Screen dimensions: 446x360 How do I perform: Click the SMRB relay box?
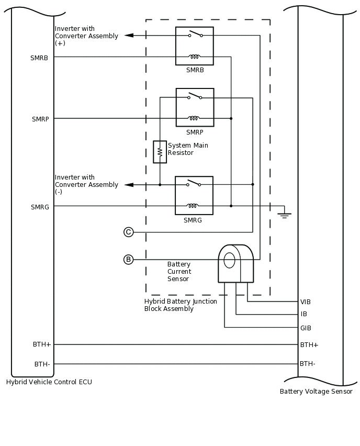click(x=194, y=46)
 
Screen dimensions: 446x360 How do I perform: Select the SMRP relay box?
click(x=195, y=107)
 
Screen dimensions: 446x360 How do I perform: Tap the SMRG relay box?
click(x=194, y=195)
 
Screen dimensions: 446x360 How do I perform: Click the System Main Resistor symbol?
click(x=160, y=152)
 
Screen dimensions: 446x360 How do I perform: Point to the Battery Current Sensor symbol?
click(x=235, y=263)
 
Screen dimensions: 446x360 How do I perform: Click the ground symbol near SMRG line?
click(x=284, y=214)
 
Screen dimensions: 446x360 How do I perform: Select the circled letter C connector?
click(x=129, y=232)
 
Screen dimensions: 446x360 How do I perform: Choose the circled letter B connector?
click(x=129, y=260)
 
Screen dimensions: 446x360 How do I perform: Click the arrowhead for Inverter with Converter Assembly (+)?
click(x=129, y=36)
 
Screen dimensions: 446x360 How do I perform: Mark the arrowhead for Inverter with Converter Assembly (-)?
click(x=129, y=185)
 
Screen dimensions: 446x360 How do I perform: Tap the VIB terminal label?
click(x=306, y=302)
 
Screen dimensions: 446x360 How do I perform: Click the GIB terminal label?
click(x=306, y=328)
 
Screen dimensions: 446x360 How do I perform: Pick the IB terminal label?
click(x=304, y=314)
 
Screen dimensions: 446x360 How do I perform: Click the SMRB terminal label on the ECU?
click(x=39, y=58)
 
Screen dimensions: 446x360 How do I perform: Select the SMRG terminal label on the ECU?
click(x=40, y=207)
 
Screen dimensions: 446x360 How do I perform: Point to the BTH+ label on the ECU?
click(x=42, y=344)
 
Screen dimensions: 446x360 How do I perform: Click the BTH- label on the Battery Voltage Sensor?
click(x=308, y=364)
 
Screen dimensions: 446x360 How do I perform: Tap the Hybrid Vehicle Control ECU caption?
click(x=49, y=382)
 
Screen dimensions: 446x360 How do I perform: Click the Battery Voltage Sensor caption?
click(x=316, y=392)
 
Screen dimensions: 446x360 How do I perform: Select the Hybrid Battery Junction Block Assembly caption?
click(x=181, y=305)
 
